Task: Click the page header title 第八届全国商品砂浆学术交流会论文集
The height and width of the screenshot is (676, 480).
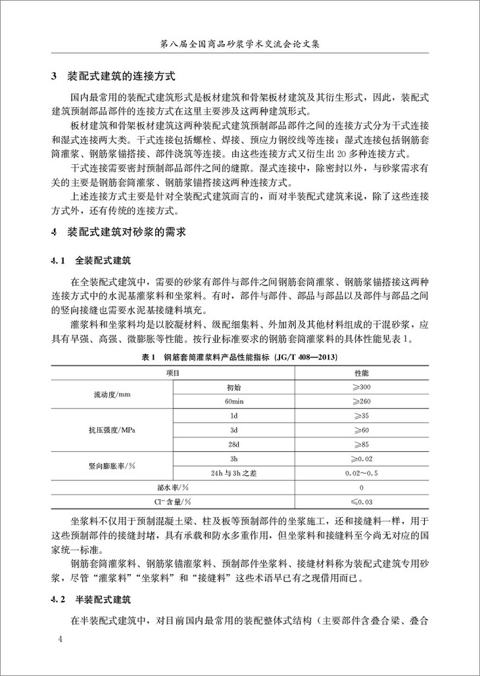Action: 239,45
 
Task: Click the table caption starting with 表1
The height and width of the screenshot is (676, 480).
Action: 240,357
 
